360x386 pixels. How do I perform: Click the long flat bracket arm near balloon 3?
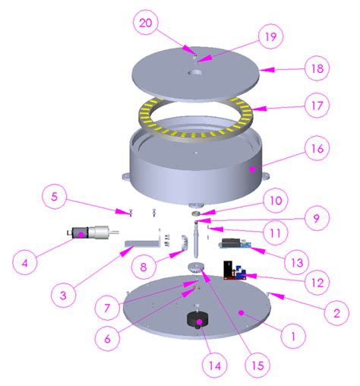pyautogui.click(x=142, y=245)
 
